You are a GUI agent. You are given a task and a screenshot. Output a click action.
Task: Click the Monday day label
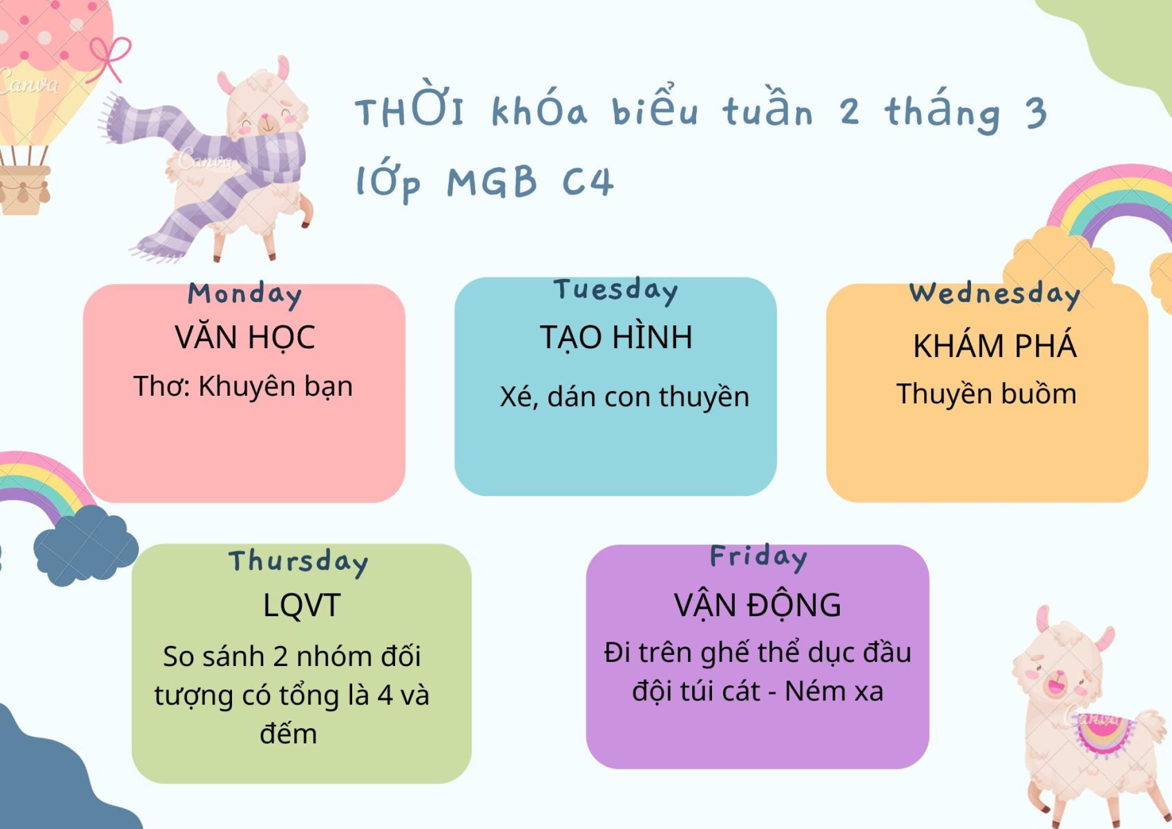(245, 295)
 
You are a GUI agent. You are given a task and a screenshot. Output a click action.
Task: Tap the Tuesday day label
(616, 290)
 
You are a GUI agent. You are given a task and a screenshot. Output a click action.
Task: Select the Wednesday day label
(995, 294)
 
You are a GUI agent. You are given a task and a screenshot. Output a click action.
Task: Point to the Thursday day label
(298, 562)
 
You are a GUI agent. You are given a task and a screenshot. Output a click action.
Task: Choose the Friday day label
(759, 558)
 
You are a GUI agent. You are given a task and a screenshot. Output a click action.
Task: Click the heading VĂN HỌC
(245, 337)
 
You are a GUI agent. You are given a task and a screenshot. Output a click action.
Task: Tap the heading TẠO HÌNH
(616, 336)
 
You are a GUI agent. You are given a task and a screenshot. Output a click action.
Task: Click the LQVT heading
(301, 605)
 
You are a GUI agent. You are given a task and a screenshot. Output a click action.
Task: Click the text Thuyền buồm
(986, 394)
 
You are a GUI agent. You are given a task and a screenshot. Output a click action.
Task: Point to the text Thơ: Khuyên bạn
(243, 387)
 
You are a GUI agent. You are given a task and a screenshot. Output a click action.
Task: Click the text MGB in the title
(492, 182)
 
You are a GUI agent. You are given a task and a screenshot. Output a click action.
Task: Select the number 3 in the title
(1036, 113)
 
